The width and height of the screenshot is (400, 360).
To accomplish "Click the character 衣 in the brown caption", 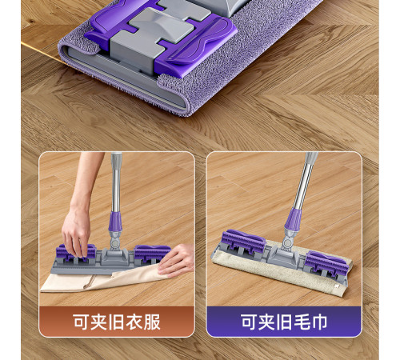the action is coord(134,322).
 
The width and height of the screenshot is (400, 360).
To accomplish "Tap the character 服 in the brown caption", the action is coord(152,322).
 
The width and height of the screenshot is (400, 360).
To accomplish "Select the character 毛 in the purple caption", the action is coord(302,322).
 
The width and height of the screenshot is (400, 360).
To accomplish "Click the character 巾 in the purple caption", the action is coord(319,322).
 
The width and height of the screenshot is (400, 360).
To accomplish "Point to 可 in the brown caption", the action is coord(82,322).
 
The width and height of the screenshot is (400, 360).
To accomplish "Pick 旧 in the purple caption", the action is coord(284,322).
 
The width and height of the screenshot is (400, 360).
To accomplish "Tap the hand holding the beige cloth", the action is coord(177,260).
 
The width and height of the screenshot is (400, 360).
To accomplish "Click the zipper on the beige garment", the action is coord(90,282).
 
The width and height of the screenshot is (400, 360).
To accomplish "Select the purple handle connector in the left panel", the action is coord(115,222).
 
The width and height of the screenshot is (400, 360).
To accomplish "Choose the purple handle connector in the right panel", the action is coord(293,219).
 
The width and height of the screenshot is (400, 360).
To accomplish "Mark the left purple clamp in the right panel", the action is coord(243,242).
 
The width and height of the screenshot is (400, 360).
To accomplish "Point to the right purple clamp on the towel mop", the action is coord(326,264).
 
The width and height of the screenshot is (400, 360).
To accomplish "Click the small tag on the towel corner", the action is coord(337,286).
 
